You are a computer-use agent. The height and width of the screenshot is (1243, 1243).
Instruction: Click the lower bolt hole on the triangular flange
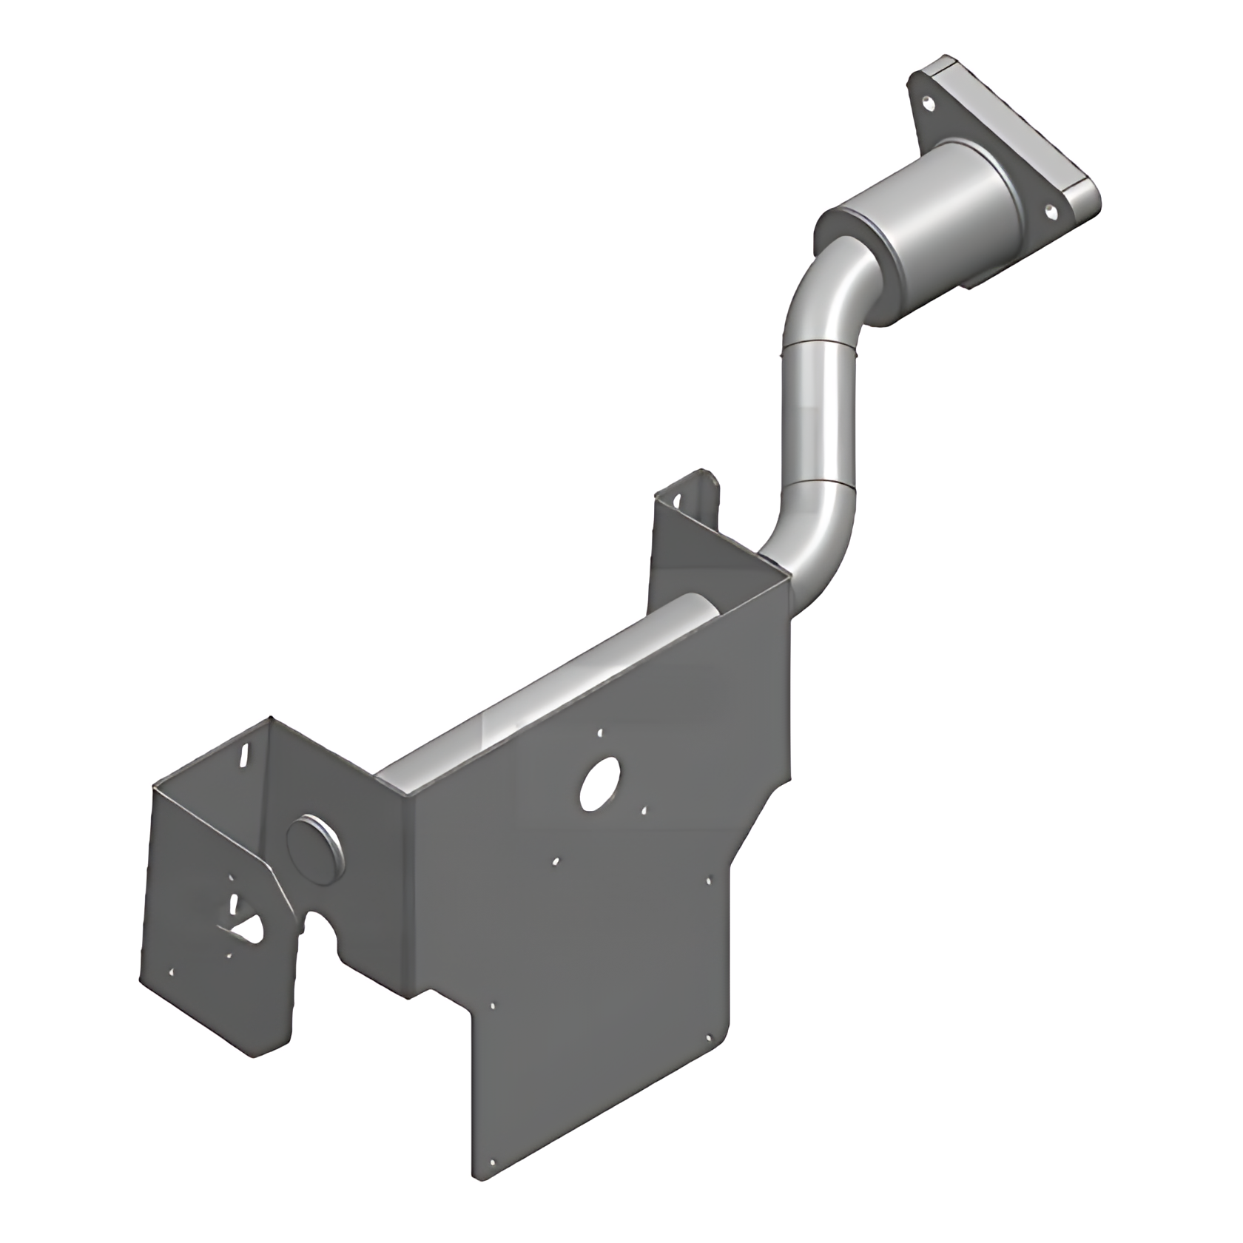click(1048, 210)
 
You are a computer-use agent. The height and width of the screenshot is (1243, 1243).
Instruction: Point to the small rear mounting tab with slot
click(695, 490)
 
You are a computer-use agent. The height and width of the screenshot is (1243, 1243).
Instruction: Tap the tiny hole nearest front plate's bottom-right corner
click(709, 1037)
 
